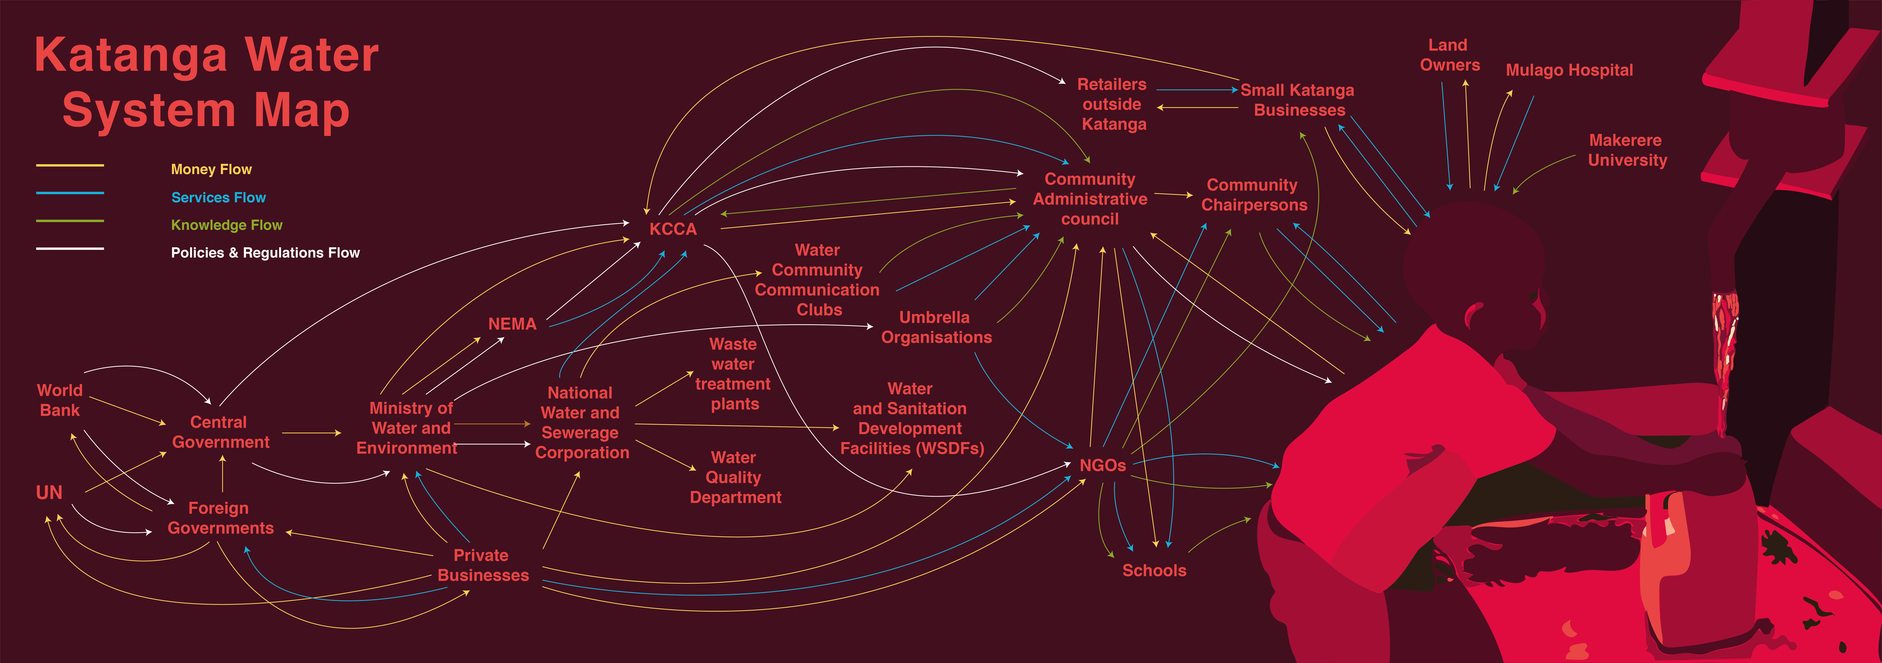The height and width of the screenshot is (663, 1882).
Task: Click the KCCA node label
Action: (x=673, y=229)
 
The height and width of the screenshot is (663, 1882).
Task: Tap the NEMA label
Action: (x=512, y=324)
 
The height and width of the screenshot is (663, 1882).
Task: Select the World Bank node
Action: (x=60, y=400)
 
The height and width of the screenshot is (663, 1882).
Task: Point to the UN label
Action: (x=49, y=493)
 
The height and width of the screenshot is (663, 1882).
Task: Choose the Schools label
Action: (x=1154, y=570)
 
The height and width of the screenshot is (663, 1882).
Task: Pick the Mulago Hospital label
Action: (x=1569, y=70)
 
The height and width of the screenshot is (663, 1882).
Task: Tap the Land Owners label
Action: (x=1449, y=55)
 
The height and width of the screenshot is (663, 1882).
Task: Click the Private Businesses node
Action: (x=482, y=565)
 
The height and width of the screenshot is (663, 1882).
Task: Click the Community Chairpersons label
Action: (x=1254, y=195)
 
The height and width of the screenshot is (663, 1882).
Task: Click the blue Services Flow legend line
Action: (x=70, y=193)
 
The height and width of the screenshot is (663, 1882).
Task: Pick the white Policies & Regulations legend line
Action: (x=70, y=249)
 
